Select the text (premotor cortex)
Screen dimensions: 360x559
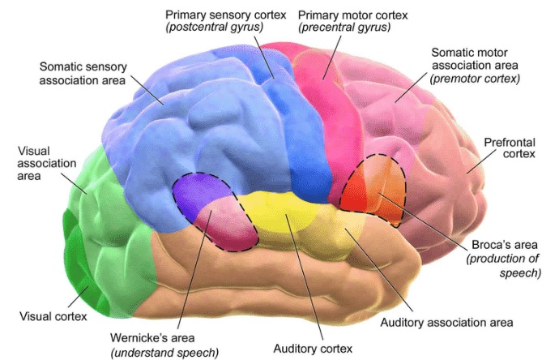475,79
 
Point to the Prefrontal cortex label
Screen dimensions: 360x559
507,149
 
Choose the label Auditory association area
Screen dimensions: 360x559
446,322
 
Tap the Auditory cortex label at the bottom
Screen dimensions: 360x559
313,349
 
